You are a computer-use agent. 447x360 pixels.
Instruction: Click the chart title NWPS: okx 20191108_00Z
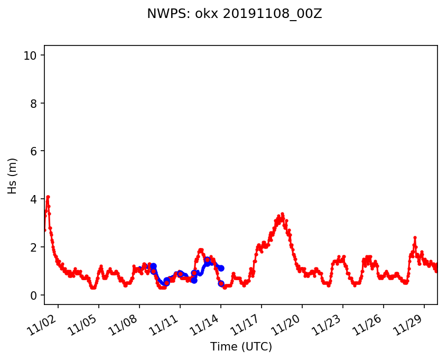[x=234, y=14]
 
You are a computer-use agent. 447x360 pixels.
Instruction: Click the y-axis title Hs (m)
[x=13, y=175]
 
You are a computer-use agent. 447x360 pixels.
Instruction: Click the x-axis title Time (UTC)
[x=241, y=347]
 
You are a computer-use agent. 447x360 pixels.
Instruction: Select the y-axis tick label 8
[x=33, y=103]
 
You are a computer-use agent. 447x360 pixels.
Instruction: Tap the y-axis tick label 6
[x=33, y=151]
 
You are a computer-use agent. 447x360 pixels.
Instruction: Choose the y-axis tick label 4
[x=33, y=199]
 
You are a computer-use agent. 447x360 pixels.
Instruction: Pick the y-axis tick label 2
[x=33, y=247]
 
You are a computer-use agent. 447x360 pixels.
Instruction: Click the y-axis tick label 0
[x=33, y=295]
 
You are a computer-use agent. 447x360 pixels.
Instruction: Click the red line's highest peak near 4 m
[x=48, y=197]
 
